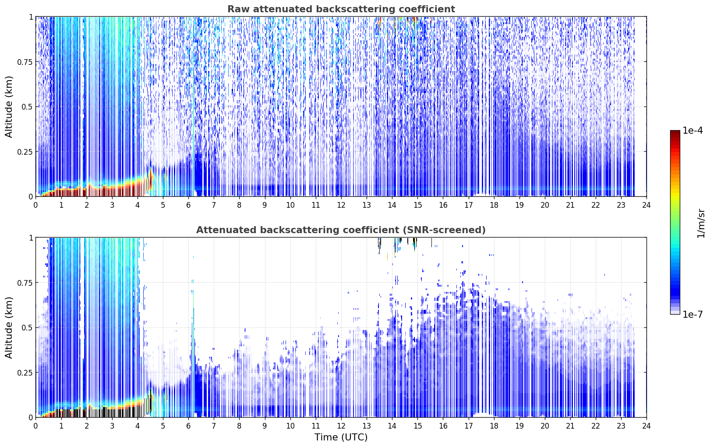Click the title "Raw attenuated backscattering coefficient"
pyautogui.click(x=341, y=9)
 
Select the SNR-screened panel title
pyautogui.click(x=341, y=230)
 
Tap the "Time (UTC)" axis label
pyautogui.click(x=341, y=437)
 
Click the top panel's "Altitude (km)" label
pyautogui.click(x=9, y=106)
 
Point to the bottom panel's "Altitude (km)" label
pyautogui.click(x=9, y=327)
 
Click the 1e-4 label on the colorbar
pyautogui.click(x=693, y=130)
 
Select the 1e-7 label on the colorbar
pyautogui.click(x=693, y=315)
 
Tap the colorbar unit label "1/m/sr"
pyautogui.click(x=701, y=223)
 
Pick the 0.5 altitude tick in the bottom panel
pyautogui.click(x=27, y=327)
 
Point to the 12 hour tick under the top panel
pyautogui.click(x=341, y=205)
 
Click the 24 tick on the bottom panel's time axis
pyautogui.click(x=646, y=426)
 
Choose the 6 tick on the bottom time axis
pyautogui.click(x=188, y=426)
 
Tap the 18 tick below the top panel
pyautogui.click(x=494, y=205)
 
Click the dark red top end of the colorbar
pyautogui.click(x=675, y=132)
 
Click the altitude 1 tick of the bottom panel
pyautogui.click(x=31, y=238)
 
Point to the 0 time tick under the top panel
pyautogui.click(x=35, y=205)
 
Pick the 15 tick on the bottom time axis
pyautogui.click(x=417, y=426)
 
